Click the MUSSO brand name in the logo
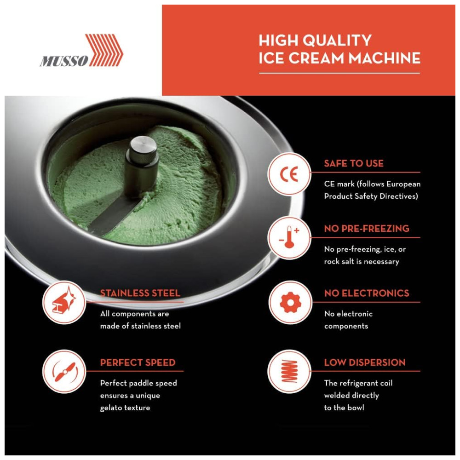click(64, 61)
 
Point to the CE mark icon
click(289, 174)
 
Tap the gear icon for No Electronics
click(290, 302)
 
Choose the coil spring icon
click(289, 371)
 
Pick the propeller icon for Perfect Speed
click(64, 371)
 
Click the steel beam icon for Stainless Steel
click(64, 302)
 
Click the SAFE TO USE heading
click(354, 163)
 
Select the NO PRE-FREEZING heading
click(367, 229)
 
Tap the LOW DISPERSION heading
click(365, 362)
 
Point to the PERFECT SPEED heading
click(138, 362)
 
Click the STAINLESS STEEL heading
click(140, 293)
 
